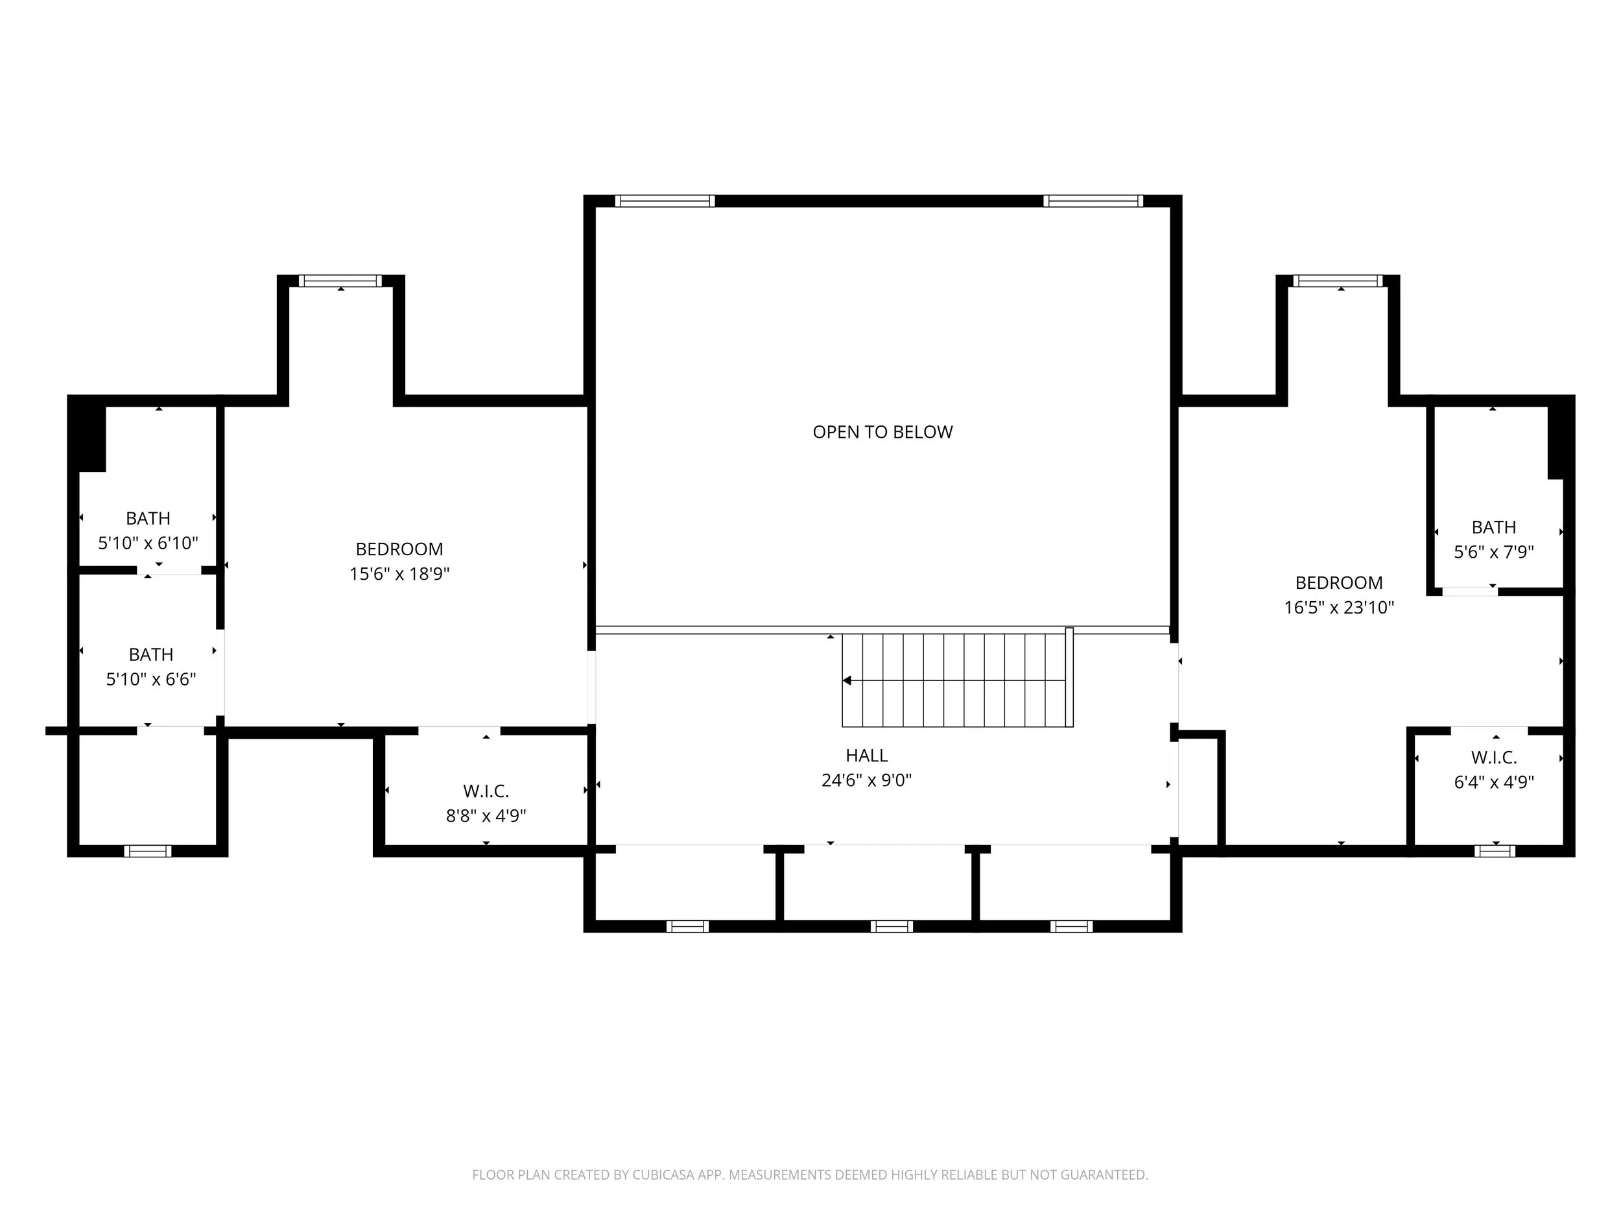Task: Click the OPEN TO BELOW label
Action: point(882,433)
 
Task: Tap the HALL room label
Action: point(866,755)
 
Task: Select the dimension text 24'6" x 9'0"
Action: point(866,780)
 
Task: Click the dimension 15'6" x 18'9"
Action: point(399,574)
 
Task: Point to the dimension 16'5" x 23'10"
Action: point(1338,608)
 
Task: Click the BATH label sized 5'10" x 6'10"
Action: point(148,518)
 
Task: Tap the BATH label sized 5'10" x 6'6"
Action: point(151,654)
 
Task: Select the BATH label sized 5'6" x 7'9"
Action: point(1493,527)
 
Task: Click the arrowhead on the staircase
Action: point(847,681)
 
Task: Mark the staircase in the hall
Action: point(956,681)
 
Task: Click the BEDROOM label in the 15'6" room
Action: point(399,549)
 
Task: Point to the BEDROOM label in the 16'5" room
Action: point(1338,583)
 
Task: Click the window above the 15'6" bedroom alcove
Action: point(340,281)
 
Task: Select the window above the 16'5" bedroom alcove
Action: point(1338,281)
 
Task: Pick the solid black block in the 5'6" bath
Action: point(1557,444)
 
